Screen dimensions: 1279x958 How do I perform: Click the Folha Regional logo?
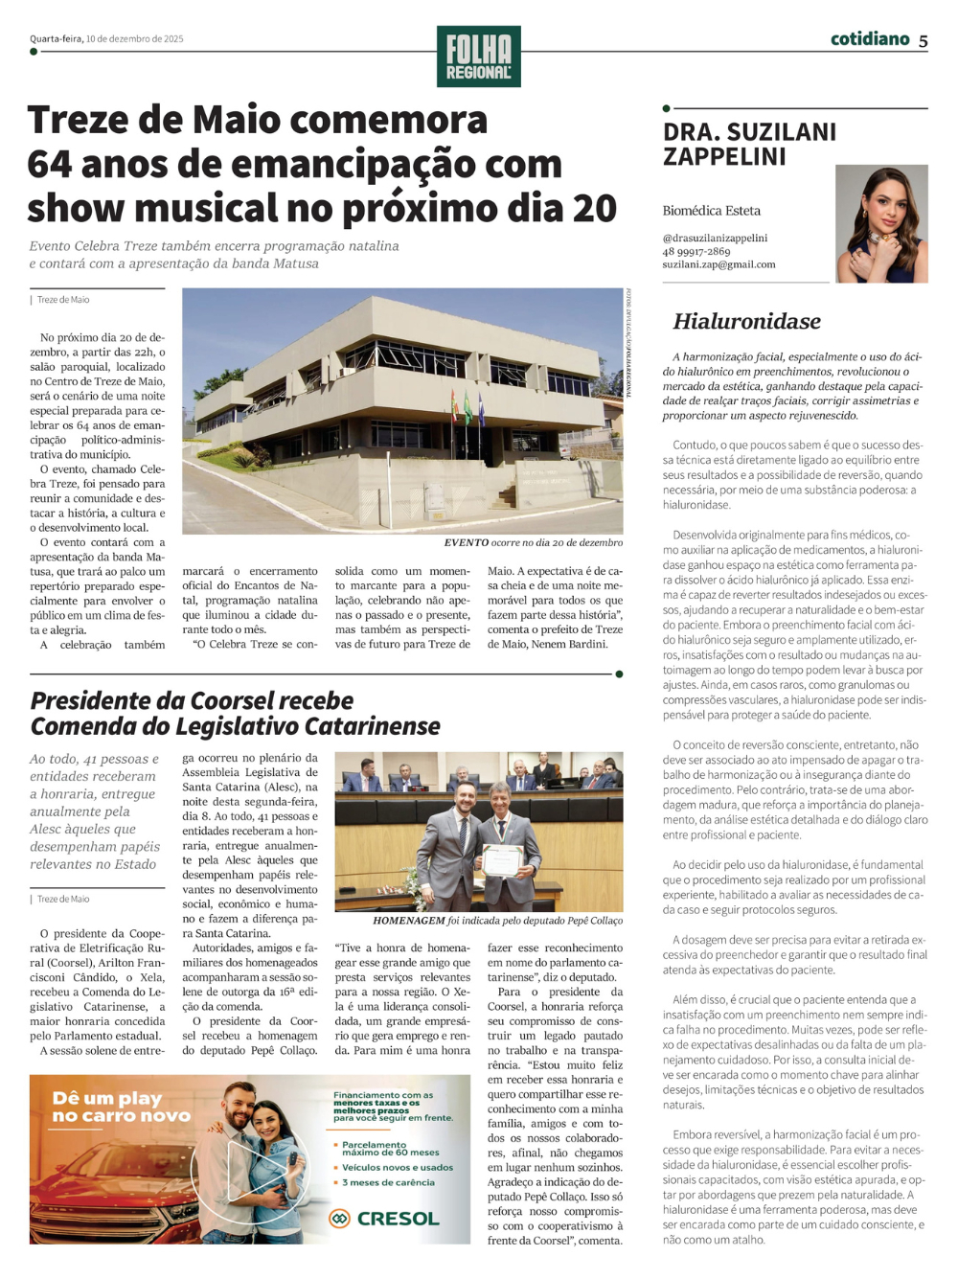coord(478,57)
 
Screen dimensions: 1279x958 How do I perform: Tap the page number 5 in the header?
coord(923,41)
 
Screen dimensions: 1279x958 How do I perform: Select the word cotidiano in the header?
coord(869,39)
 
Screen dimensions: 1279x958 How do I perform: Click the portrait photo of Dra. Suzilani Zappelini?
coord(880,223)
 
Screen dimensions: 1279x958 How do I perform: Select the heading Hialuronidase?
coord(746,321)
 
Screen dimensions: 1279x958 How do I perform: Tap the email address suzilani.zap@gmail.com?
coord(718,264)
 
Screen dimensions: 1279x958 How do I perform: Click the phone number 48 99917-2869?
coord(696,251)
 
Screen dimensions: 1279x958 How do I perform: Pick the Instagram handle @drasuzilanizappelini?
coord(715,238)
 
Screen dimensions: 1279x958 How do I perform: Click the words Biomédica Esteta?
coord(711,211)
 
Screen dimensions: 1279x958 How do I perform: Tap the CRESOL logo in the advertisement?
coord(384,1219)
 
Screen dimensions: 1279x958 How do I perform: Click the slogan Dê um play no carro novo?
coord(107,1107)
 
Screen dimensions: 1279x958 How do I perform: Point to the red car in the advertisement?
coord(105,1188)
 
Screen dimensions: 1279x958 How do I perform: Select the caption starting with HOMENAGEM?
coord(497,921)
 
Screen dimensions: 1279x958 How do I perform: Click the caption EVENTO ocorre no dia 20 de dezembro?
coord(533,542)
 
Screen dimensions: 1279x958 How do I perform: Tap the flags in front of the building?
coord(467,406)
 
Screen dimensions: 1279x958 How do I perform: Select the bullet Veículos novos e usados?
coord(397,1167)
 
